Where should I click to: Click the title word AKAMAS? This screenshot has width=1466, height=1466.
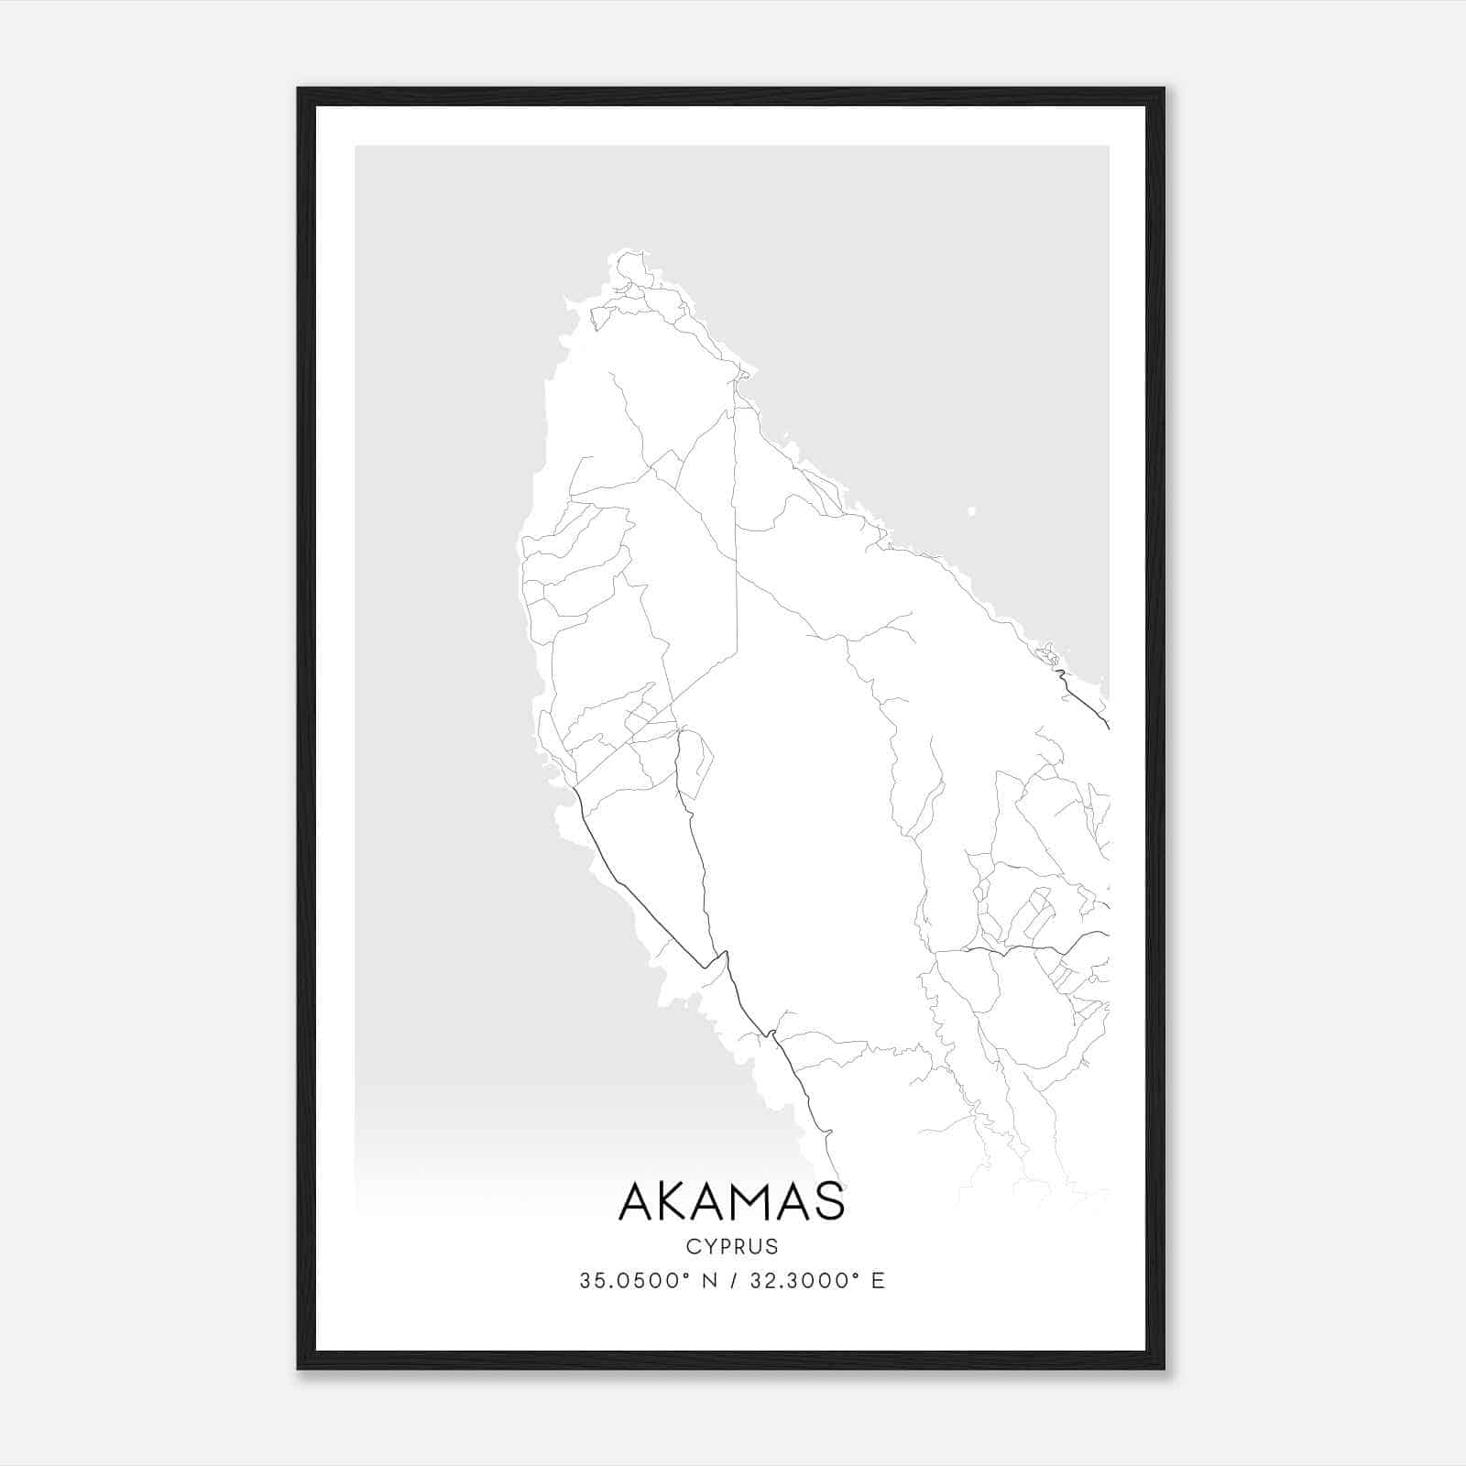pos(731,1201)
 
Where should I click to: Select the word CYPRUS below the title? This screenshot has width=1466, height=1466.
pos(731,1246)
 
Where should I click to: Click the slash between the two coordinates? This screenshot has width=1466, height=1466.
pos(732,1281)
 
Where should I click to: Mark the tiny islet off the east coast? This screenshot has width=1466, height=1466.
pos(971,511)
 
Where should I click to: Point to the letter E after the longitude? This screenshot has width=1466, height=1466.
pos(878,1281)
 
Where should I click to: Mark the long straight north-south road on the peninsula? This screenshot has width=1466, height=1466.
pos(735,513)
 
